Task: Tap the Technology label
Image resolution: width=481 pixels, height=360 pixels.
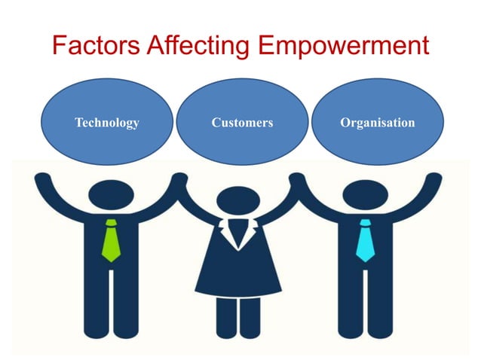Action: coord(107,122)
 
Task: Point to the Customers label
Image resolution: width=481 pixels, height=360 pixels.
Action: coord(242,122)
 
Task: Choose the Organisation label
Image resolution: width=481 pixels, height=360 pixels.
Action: coord(377,122)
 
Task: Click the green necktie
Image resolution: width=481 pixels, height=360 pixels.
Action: coord(111,240)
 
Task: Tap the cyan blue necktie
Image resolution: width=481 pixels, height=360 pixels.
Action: coord(366,240)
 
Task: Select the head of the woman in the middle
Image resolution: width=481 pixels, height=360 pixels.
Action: coord(237,204)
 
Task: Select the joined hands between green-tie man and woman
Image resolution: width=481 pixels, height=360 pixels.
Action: coord(179,181)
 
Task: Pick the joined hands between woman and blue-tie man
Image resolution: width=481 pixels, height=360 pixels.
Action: coord(297,181)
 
